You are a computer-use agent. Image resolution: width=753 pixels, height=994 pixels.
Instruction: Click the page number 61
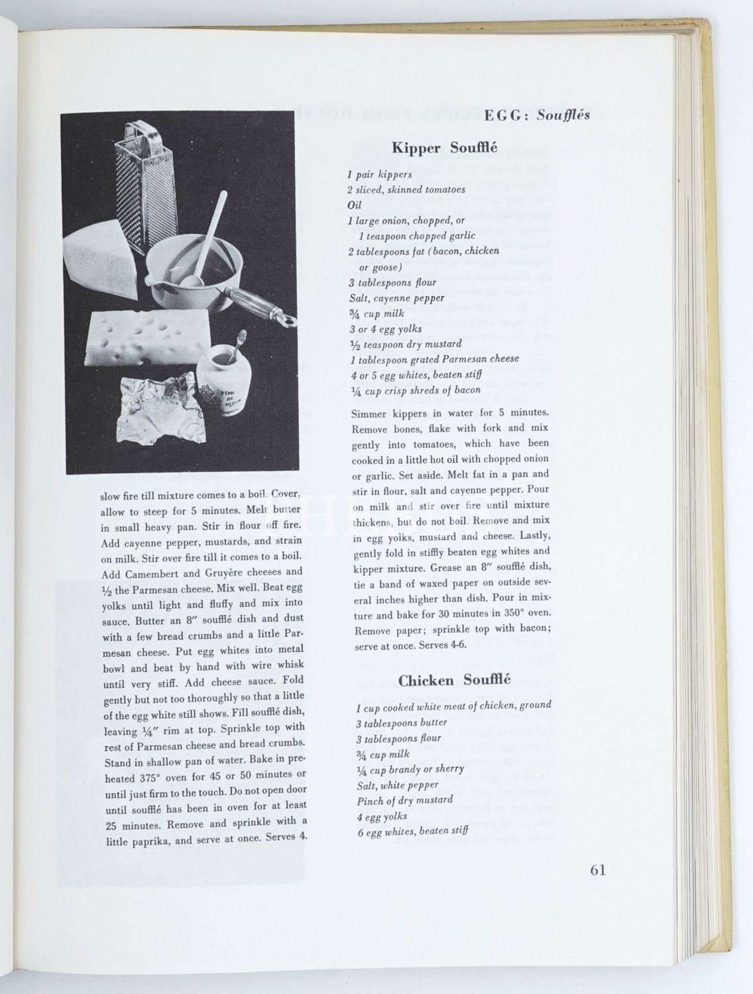tap(597, 870)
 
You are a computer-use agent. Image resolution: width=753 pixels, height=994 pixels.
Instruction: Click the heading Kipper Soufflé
tap(444, 148)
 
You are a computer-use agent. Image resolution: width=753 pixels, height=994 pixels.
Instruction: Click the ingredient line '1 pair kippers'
tap(379, 175)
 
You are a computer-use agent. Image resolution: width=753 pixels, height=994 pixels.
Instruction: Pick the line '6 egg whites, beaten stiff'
tap(412, 831)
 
